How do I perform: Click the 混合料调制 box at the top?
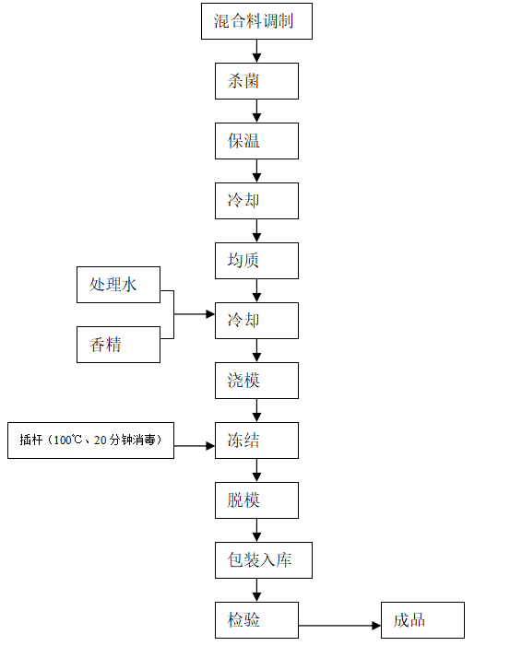coord(256,21)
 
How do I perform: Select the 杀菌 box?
coord(256,81)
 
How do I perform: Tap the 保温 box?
coord(256,141)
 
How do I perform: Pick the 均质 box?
coord(256,261)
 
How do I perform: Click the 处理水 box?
coord(118,285)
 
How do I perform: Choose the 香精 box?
coord(118,345)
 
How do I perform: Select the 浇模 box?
coord(256,381)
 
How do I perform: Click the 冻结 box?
coord(256,440)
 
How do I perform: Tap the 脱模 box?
coord(256,500)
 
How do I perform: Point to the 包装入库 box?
coord(264,560)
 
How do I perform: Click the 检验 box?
coord(256,620)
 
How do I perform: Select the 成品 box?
coord(422,620)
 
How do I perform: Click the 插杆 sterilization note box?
coord(90,440)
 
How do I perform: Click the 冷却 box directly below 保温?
coord(256,201)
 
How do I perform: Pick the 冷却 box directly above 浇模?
coord(256,321)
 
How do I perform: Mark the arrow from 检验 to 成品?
coord(339,626)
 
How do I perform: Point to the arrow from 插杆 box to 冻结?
coord(195,446)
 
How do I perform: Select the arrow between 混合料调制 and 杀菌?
coord(256,51)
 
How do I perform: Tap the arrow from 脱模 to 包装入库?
coord(256,530)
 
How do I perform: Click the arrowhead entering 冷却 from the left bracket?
coord(210,314)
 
